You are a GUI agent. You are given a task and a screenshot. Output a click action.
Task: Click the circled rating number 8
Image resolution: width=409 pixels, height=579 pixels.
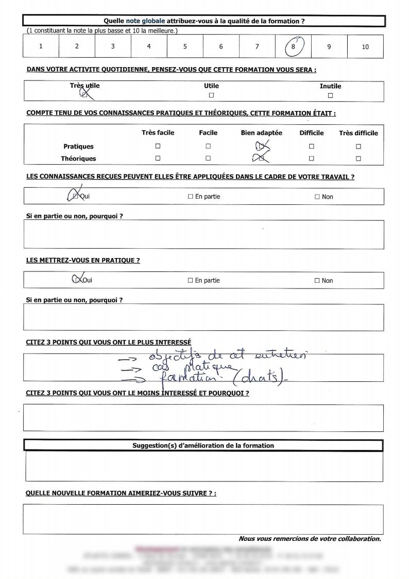293,46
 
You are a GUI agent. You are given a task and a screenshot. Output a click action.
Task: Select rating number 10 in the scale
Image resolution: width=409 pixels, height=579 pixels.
365,47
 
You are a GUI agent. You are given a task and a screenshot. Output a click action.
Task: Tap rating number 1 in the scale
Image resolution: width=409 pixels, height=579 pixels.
41,46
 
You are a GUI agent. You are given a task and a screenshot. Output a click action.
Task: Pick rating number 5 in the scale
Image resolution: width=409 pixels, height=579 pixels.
185,46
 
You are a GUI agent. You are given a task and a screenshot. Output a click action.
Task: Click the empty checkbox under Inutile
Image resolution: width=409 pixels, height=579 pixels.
330,95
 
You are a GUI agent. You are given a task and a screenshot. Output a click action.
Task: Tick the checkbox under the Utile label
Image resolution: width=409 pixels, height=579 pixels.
211,95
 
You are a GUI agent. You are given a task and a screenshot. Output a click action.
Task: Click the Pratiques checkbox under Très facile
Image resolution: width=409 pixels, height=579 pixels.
158,147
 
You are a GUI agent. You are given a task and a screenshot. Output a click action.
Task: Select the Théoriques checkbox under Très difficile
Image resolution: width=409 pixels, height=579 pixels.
359,159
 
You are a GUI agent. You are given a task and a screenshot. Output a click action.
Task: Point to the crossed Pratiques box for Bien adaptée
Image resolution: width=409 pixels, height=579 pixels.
261,147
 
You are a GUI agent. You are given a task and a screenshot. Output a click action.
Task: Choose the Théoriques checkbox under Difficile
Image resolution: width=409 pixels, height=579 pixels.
312,159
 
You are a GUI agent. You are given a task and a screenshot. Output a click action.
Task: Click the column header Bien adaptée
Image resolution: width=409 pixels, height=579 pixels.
261,133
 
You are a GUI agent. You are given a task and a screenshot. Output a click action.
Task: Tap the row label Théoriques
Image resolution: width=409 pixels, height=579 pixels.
78,159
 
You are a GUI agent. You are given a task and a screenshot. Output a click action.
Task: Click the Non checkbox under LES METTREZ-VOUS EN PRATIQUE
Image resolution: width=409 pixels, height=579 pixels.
317,281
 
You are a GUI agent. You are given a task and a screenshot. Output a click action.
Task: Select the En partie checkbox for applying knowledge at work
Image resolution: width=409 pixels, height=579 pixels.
190,197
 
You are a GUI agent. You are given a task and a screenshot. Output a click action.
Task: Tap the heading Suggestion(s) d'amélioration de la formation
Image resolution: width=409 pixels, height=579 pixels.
203,445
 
